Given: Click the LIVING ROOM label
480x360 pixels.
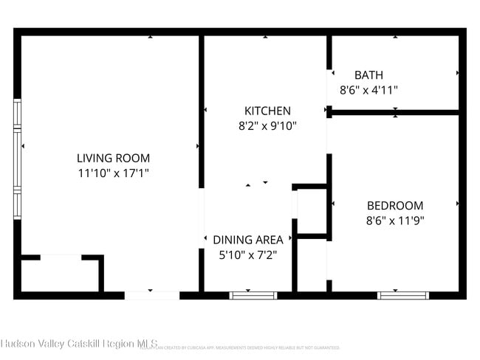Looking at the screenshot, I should click(113, 158).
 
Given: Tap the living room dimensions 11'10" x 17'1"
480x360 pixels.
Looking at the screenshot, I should click(113, 173).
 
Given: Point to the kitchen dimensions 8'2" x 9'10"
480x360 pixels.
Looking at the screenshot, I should click(267, 126).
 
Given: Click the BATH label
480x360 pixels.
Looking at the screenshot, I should click(368, 75).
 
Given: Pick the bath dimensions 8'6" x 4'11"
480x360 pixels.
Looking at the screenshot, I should click(368, 90).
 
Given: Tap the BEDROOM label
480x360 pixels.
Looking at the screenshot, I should click(395, 205).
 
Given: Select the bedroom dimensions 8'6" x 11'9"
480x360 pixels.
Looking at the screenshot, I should click(395, 220).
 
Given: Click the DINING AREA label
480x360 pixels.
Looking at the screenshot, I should click(248, 240).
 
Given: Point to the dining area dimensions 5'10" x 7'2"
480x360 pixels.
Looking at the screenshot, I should click(248, 255).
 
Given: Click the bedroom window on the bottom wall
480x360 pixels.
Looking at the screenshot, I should click(403, 295).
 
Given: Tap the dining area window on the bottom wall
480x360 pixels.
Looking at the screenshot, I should click(253, 295).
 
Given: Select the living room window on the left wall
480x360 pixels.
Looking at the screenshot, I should click(18, 159).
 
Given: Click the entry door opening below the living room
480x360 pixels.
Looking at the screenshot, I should click(151, 295).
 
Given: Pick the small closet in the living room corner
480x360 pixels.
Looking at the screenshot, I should click(59, 276).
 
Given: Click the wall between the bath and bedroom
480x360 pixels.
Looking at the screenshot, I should click(395, 113).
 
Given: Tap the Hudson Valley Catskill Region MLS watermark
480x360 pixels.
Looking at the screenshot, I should click(78, 344).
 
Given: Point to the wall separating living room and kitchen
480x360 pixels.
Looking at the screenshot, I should click(201, 111).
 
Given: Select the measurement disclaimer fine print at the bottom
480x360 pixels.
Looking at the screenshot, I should click(244, 347).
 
